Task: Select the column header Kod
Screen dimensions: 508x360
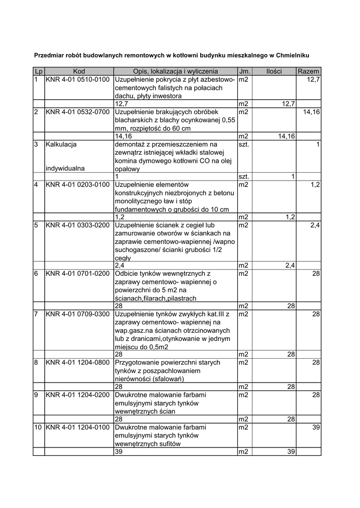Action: click(x=79, y=71)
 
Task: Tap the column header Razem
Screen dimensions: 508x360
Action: click(x=308, y=71)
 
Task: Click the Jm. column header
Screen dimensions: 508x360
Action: click(x=244, y=71)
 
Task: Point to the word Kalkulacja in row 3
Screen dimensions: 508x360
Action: click(x=61, y=144)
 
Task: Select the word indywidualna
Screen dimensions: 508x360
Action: click(x=65, y=168)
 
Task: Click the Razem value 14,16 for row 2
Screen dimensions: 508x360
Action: click(x=312, y=112)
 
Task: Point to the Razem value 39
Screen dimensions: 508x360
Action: click(x=316, y=427)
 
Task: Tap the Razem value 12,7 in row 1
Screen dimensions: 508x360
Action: click(x=314, y=79)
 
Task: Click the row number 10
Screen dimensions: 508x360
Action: click(x=38, y=427)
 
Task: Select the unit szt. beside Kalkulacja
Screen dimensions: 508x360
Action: click(x=243, y=144)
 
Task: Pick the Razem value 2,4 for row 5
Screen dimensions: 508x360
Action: click(x=315, y=225)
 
